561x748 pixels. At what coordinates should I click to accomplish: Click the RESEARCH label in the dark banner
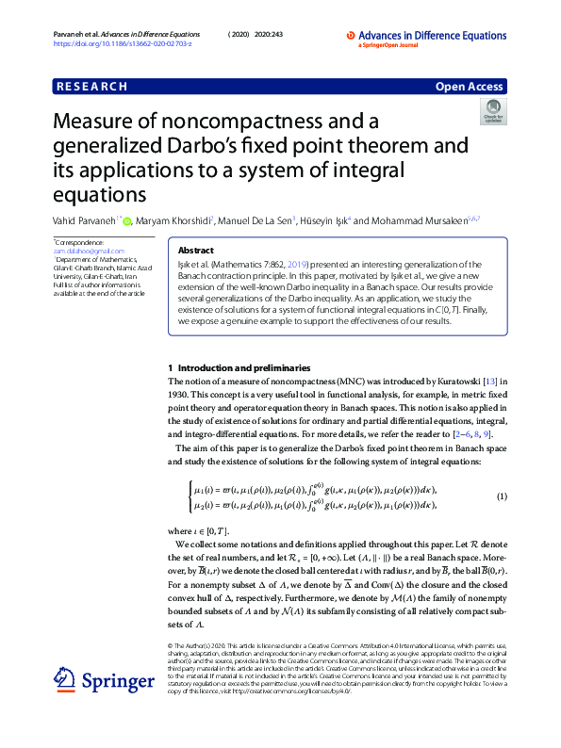(91, 87)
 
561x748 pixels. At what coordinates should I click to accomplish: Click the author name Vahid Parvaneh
(86, 220)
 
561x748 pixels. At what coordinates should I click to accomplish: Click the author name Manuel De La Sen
(257, 220)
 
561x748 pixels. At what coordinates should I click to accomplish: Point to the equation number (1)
(503, 496)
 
